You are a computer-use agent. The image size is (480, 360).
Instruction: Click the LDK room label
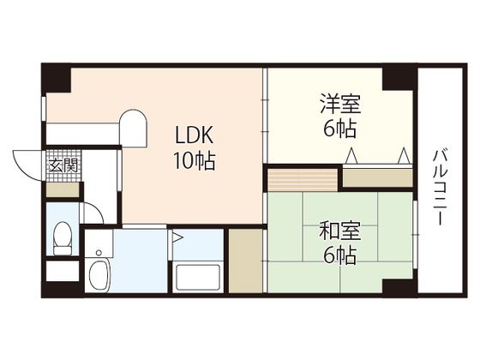[x=194, y=135]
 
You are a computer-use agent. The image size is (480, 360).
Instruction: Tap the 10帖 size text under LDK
[x=194, y=161]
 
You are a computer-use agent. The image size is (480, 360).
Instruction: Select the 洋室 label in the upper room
[x=340, y=104]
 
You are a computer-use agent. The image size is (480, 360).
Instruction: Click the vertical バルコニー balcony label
[x=441, y=188]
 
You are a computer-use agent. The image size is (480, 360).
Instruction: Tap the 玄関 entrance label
[x=63, y=166]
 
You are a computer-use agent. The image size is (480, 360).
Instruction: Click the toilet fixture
[x=62, y=238]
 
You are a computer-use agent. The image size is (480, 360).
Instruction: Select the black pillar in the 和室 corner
[x=399, y=286]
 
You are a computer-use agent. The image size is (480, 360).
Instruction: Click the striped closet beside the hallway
[x=303, y=180]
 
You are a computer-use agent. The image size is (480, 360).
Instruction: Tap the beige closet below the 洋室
[x=377, y=178]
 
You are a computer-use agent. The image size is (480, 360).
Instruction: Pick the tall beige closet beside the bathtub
[x=245, y=261]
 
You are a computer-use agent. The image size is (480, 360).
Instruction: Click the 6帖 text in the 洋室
[x=340, y=129]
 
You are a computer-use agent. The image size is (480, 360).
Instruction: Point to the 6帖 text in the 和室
[x=340, y=256]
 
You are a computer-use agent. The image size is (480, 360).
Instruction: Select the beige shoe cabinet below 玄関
[x=63, y=190]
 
